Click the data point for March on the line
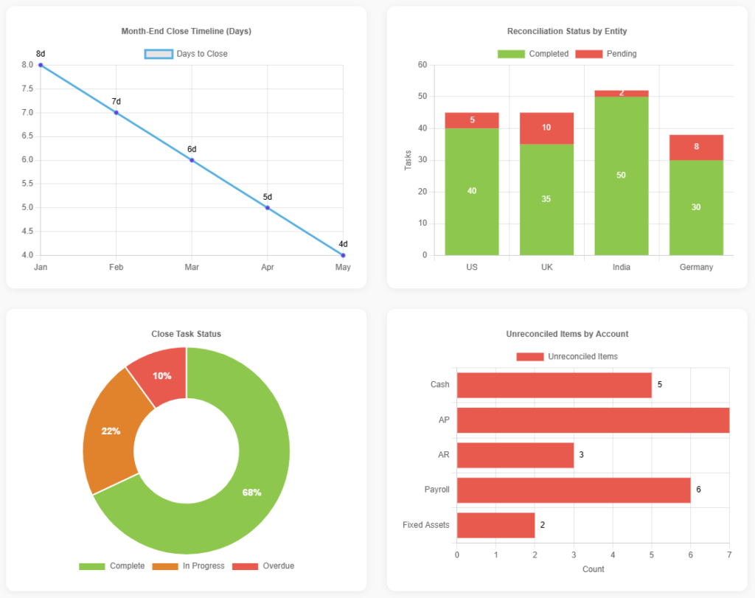(192, 160)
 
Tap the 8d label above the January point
(41, 54)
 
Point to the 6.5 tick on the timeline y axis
(27, 136)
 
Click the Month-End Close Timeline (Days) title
(186, 31)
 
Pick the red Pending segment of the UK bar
(546, 128)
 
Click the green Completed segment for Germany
(696, 207)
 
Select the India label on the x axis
(621, 268)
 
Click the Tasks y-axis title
(408, 160)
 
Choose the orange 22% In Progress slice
(111, 431)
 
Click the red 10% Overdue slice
(161, 375)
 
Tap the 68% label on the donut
(251, 493)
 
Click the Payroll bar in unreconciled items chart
(573, 490)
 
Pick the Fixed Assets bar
(495, 525)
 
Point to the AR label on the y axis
(443, 455)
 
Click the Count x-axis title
(593, 569)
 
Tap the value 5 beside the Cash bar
(660, 385)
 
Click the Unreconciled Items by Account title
(567, 334)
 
